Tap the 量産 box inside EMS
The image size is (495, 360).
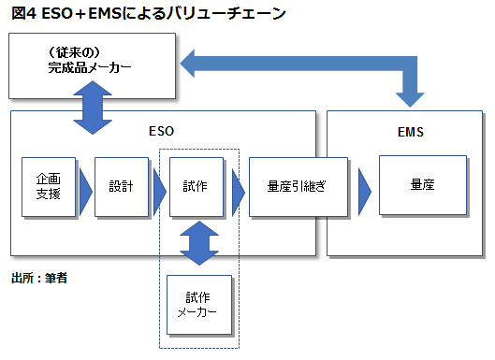[x=422, y=185]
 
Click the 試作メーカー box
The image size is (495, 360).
[x=197, y=305]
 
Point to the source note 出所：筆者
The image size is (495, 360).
[x=39, y=277]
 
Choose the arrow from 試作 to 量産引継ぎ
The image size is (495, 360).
[x=238, y=190]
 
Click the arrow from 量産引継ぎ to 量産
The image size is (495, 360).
[x=364, y=190]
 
